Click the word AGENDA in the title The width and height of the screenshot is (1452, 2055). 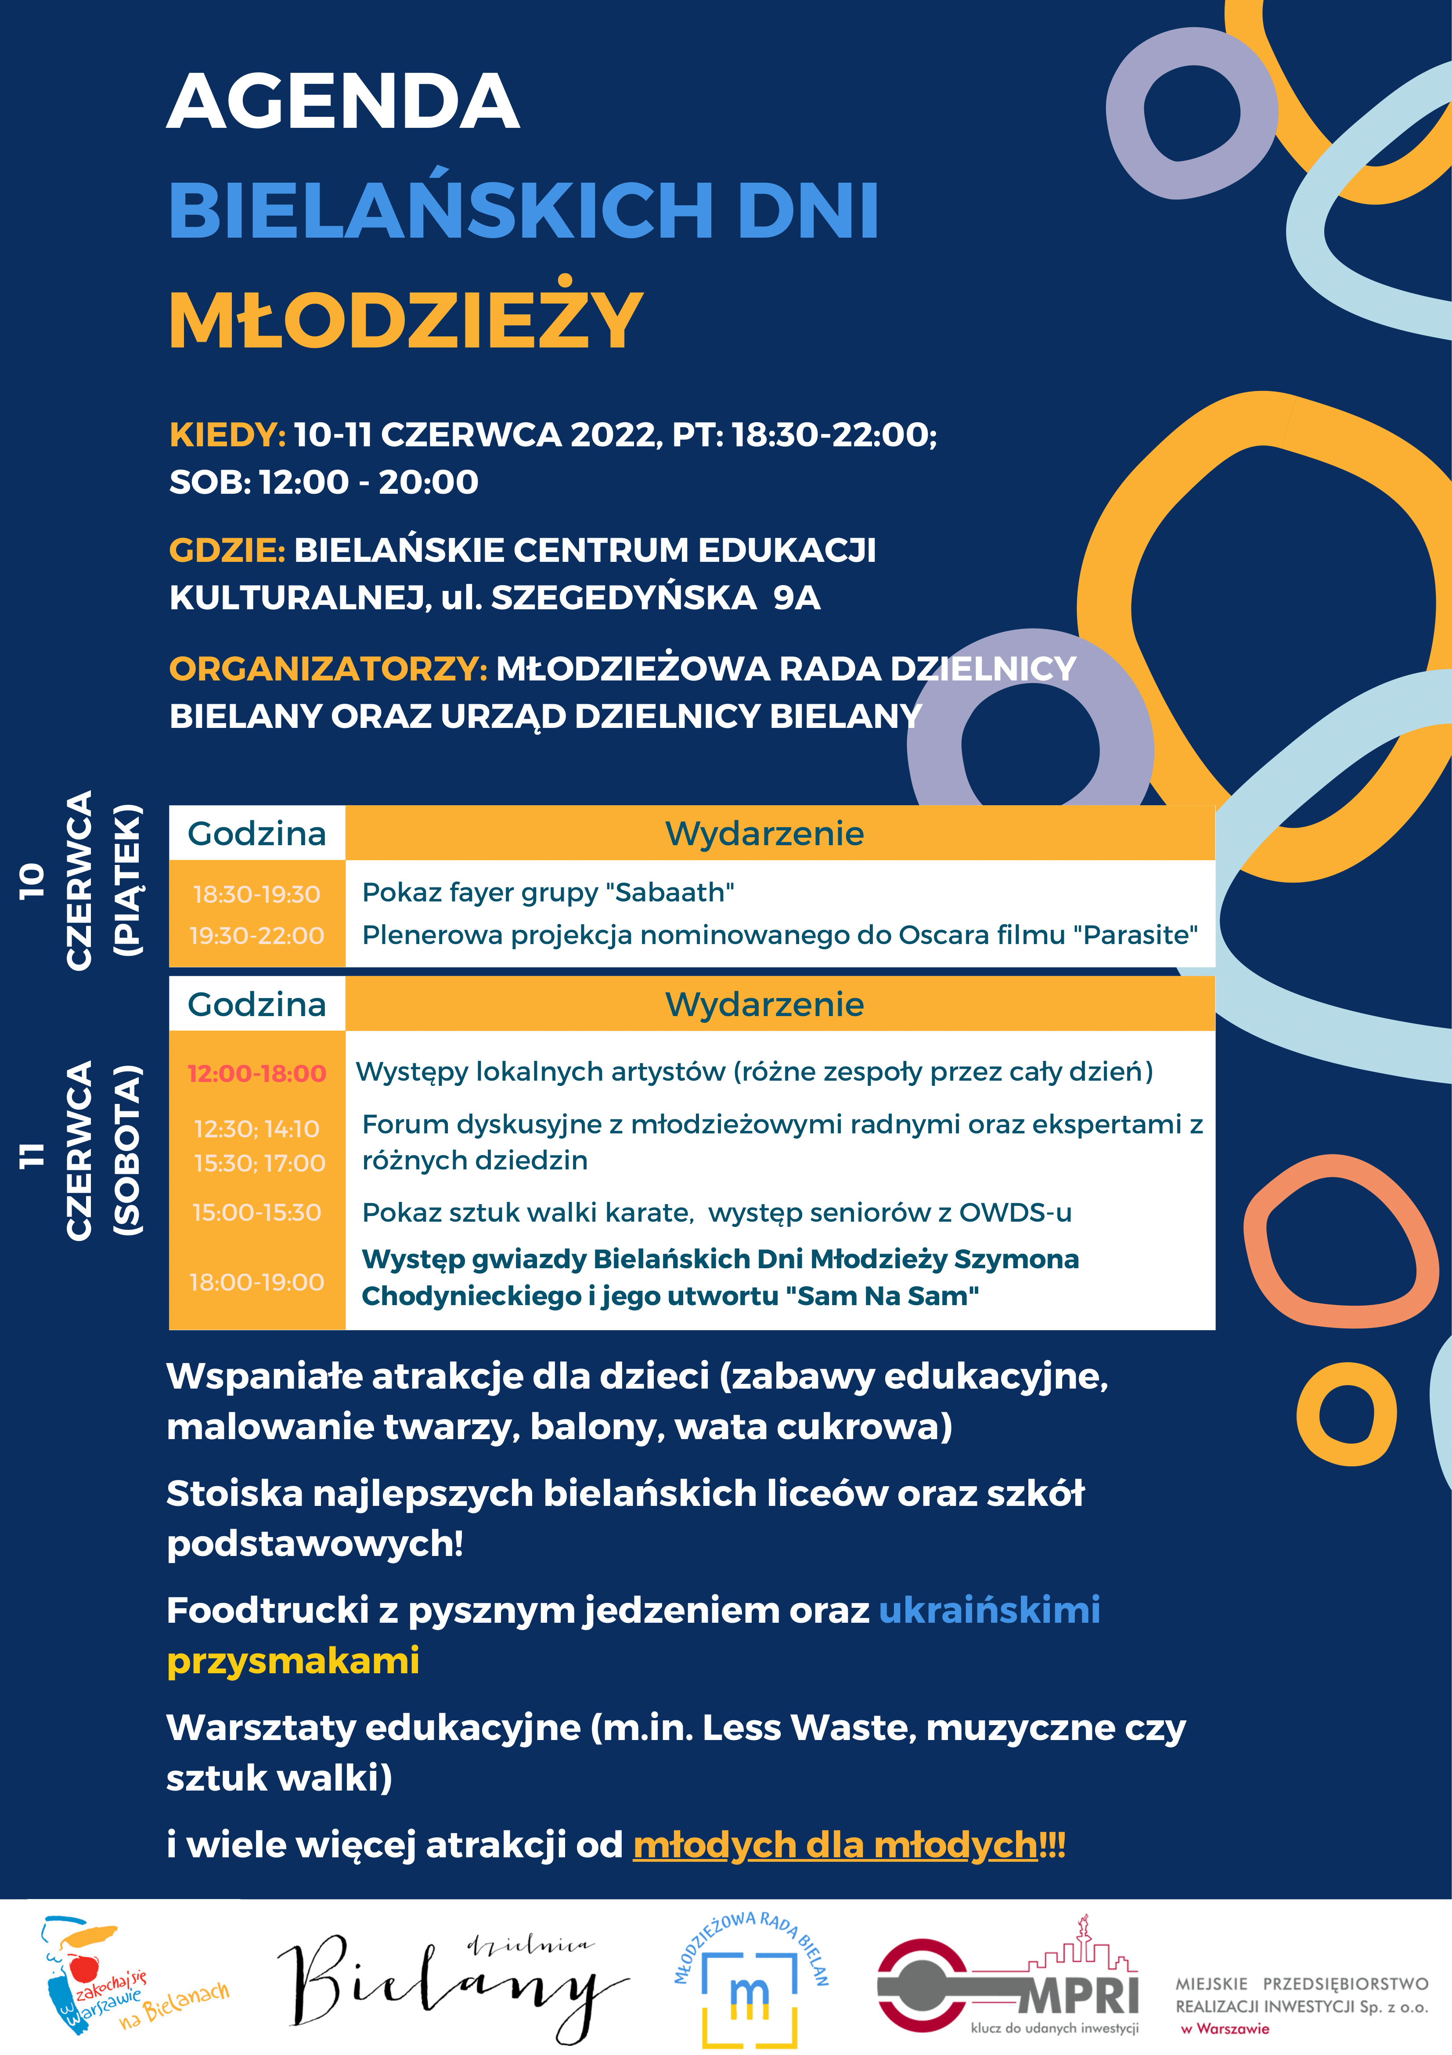point(342,101)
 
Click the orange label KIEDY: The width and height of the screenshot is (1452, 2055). point(227,435)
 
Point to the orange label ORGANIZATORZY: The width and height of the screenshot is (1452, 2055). point(328,669)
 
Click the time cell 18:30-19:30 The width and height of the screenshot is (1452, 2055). point(257,894)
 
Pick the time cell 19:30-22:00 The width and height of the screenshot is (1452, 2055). point(257,935)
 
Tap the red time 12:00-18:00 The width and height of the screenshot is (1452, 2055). point(257,1073)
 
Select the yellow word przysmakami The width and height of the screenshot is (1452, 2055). point(293,1660)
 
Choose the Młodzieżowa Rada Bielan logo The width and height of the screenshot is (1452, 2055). point(749,1980)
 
